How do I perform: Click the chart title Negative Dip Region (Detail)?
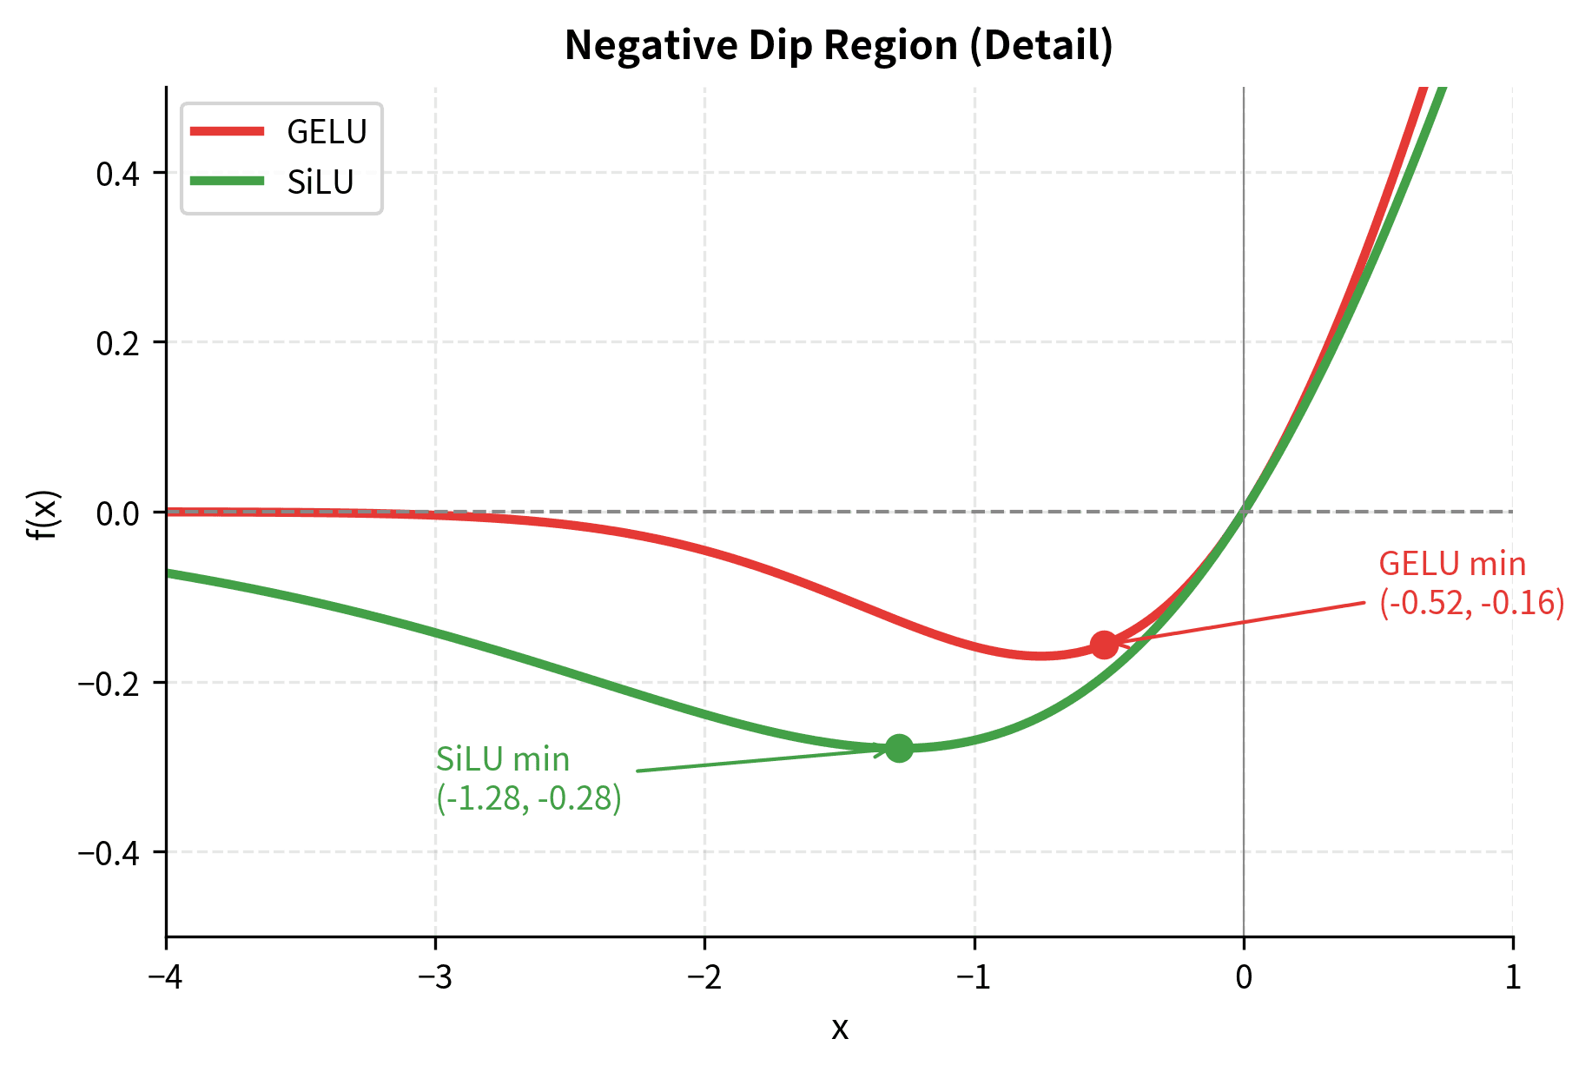[x=838, y=45]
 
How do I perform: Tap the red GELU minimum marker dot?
[x=1104, y=645]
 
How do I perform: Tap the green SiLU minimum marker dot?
[x=899, y=747]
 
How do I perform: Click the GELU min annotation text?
[x=1470, y=583]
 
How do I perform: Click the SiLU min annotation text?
[x=528, y=778]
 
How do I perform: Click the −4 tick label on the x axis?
[x=166, y=977]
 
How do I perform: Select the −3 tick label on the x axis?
[x=435, y=977]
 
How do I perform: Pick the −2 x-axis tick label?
[x=704, y=977]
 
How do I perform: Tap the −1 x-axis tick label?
[x=974, y=977]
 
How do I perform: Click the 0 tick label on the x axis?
[x=1244, y=977]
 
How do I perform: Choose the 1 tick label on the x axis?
[x=1513, y=977]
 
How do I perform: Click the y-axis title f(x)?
[x=43, y=514]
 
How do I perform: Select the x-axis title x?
[x=839, y=1029]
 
